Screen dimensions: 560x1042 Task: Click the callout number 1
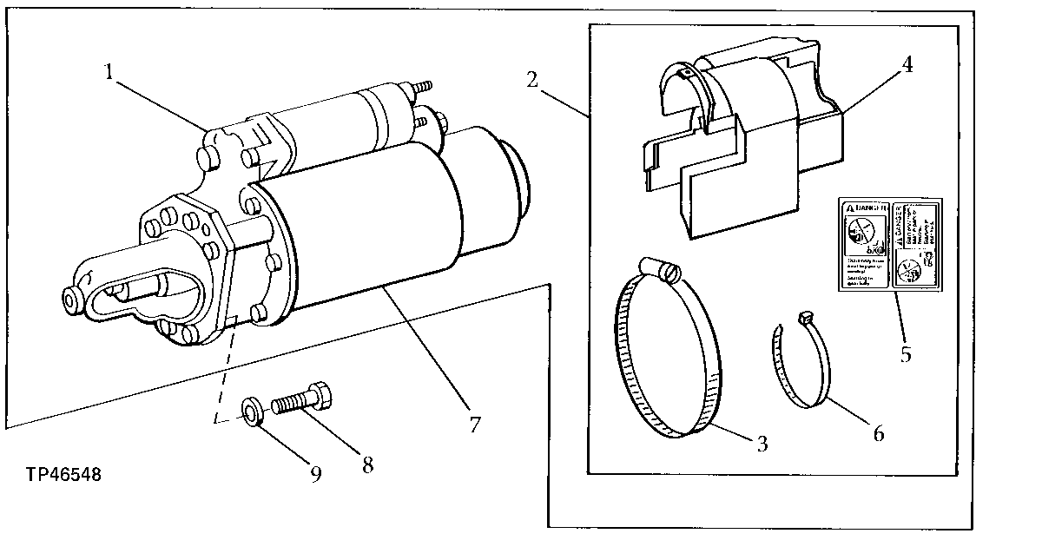point(109,72)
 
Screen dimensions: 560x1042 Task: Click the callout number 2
point(532,79)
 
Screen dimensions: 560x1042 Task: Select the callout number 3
point(762,445)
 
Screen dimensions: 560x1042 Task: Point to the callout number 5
point(906,354)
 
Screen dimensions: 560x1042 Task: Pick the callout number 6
point(878,433)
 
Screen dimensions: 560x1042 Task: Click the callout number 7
point(474,425)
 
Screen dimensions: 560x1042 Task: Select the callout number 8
point(367,465)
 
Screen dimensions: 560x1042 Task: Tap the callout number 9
point(316,474)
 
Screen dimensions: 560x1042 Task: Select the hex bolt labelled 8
point(300,401)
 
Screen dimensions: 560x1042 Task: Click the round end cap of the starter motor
point(508,183)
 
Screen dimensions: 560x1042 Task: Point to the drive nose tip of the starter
point(72,299)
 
